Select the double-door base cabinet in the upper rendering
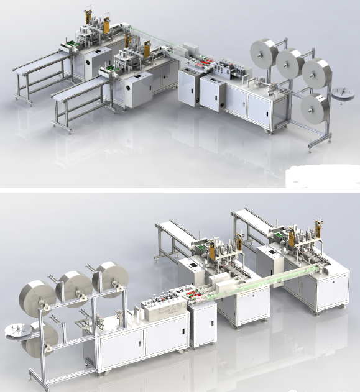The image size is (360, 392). [247, 104]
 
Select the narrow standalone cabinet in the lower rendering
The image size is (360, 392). [203, 326]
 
